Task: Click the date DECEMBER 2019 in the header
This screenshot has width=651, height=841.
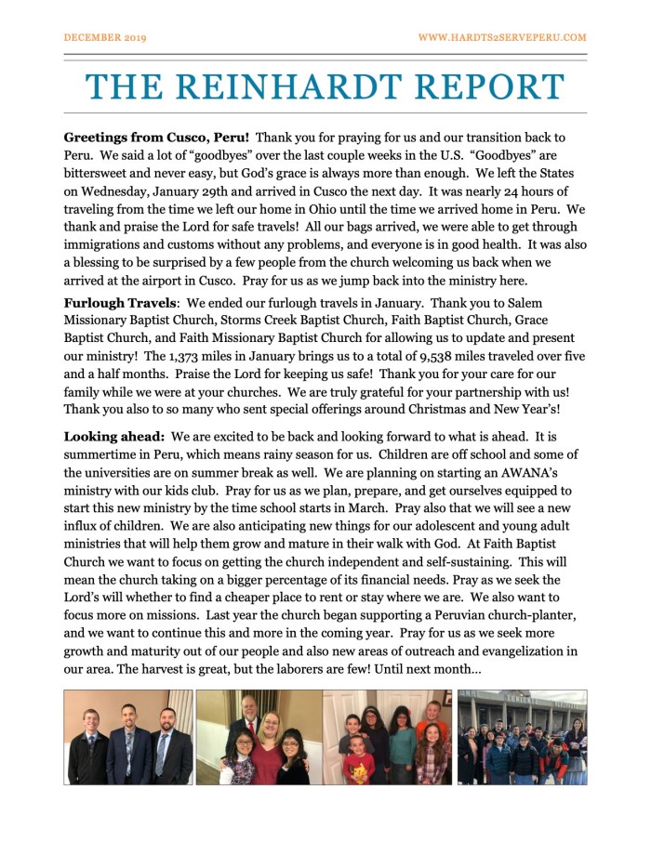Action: (x=105, y=37)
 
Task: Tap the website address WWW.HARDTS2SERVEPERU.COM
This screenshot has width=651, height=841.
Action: (x=502, y=37)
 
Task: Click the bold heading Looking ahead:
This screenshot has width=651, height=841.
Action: (x=114, y=435)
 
